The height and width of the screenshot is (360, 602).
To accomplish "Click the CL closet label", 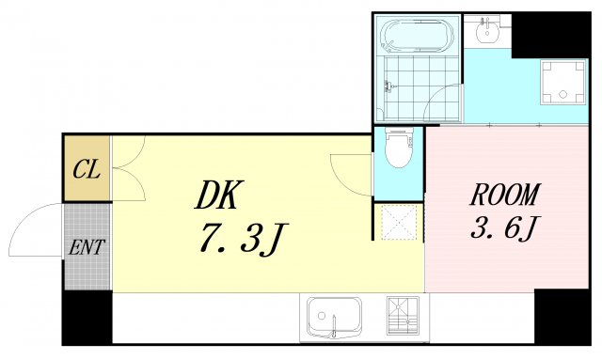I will [x=87, y=171].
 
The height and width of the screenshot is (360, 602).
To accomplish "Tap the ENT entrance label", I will [x=87, y=248].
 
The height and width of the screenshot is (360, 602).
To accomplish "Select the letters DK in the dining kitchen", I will [x=219, y=195].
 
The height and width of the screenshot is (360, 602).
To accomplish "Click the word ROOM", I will [x=504, y=195].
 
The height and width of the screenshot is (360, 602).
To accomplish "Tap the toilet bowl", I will [x=399, y=150].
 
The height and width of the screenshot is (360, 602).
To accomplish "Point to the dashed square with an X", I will [x=398, y=221].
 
